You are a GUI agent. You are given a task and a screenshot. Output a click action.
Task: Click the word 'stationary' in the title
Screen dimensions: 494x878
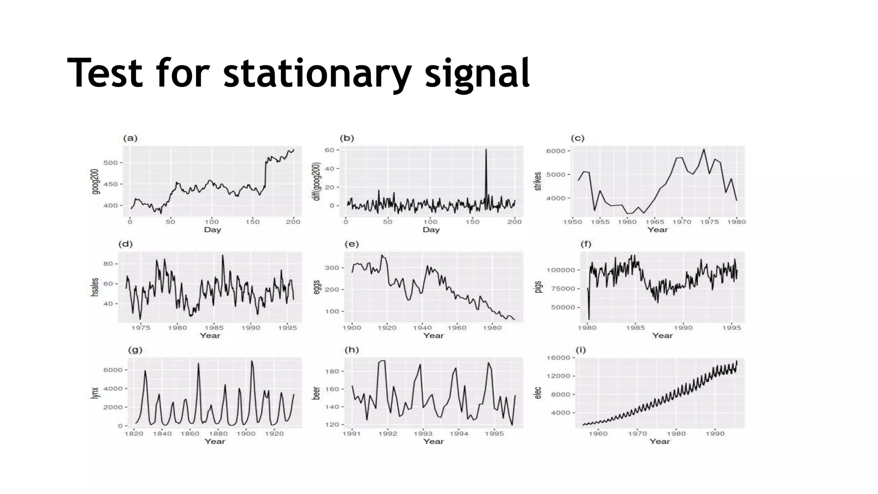point(317,74)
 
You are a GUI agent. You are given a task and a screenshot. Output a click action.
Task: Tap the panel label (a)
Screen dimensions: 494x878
point(130,138)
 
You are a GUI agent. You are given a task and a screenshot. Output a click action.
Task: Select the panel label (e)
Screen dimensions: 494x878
point(352,244)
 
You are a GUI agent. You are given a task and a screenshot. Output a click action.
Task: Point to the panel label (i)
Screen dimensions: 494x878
point(580,350)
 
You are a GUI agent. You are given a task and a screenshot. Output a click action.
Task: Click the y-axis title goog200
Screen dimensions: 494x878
point(95,181)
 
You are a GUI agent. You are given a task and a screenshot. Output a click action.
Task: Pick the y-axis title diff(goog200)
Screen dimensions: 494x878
point(317,181)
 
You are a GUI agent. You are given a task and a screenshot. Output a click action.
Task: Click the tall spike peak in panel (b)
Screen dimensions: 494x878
point(486,150)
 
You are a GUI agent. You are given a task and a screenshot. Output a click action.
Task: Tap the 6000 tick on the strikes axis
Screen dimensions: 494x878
point(556,151)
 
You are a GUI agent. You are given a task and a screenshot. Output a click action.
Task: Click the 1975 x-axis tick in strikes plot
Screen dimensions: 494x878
point(710,222)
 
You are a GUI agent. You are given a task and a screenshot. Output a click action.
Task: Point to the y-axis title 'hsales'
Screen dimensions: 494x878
point(95,287)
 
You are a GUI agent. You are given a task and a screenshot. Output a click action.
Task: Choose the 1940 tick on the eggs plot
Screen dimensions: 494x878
point(422,328)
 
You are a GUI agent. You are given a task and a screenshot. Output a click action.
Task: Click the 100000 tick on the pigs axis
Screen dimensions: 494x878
point(560,270)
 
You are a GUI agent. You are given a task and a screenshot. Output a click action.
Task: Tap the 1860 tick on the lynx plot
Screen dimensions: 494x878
point(190,434)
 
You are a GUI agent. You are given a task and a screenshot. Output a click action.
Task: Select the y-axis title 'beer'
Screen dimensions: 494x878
point(316,393)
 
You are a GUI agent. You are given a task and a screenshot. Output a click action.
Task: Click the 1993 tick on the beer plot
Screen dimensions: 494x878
point(423,434)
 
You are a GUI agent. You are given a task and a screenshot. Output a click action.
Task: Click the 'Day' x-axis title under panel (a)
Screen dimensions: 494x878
point(212,229)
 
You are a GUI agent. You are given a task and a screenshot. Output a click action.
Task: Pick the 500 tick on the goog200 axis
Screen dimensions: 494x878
point(110,163)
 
